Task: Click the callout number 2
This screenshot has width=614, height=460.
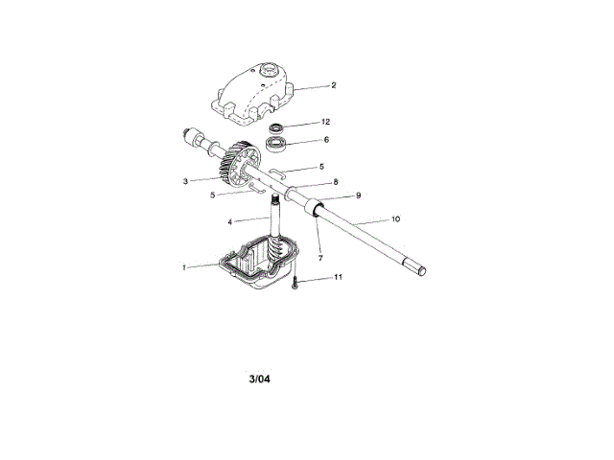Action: pyautogui.click(x=333, y=85)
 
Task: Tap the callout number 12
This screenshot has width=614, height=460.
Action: pyautogui.click(x=326, y=124)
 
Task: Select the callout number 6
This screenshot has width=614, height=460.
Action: pyautogui.click(x=326, y=140)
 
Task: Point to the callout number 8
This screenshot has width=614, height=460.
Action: pyautogui.click(x=335, y=181)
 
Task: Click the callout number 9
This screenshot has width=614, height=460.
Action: pyautogui.click(x=358, y=195)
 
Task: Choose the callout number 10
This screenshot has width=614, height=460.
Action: pyautogui.click(x=396, y=219)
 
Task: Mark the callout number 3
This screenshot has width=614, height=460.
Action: pyautogui.click(x=185, y=179)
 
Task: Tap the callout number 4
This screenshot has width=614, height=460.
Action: pyautogui.click(x=230, y=221)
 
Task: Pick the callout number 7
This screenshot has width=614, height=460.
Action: pyautogui.click(x=320, y=260)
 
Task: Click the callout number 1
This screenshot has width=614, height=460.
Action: pyautogui.click(x=184, y=267)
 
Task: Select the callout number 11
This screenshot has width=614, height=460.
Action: pyautogui.click(x=338, y=278)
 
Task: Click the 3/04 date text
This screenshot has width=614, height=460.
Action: pyautogui.click(x=260, y=378)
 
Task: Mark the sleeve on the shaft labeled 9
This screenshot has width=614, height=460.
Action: pyautogui.click(x=313, y=208)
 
